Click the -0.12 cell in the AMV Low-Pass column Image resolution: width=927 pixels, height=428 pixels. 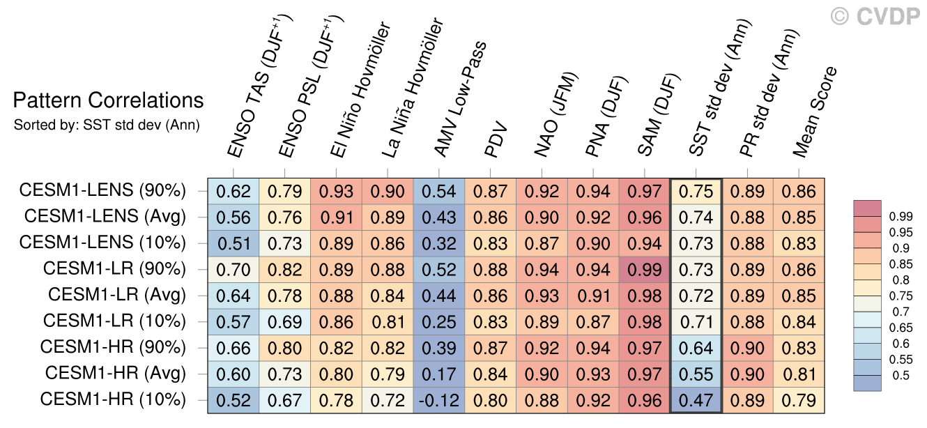(438, 399)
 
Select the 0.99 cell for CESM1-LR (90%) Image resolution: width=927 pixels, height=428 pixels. (644, 268)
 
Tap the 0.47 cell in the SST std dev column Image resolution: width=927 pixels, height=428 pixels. (696, 399)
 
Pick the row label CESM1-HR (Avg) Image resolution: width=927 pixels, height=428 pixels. (116, 373)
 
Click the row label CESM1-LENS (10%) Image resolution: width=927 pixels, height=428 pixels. (103, 243)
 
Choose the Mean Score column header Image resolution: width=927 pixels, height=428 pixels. (815, 112)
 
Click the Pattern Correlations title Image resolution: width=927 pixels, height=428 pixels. (109, 101)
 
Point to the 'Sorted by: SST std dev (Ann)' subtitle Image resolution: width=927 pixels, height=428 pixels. (107, 125)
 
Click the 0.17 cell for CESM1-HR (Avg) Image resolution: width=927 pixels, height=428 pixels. (438, 373)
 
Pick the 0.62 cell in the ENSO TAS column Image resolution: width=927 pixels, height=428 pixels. (233, 190)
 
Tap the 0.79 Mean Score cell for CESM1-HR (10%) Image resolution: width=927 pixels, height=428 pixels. (799, 399)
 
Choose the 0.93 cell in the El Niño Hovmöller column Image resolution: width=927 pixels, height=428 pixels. (336, 190)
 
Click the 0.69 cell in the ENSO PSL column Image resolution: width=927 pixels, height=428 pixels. (284, 321)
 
